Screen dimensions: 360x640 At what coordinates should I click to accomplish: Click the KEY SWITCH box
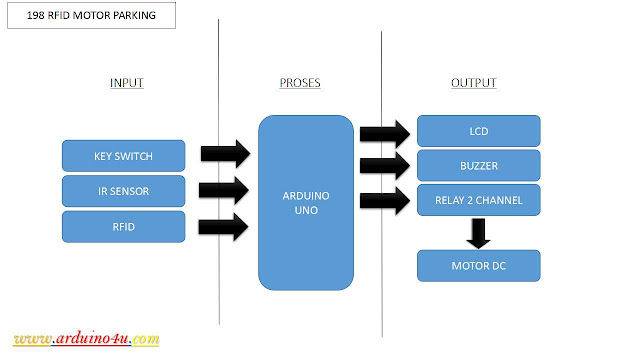click(123, 155)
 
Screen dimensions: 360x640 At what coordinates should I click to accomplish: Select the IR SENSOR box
click(123, 190)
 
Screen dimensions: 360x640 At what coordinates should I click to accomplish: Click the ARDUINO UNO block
click(306, 202)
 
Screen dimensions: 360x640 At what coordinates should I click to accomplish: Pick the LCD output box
click(478, 131)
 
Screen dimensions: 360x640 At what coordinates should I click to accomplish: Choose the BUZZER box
click(478, 165)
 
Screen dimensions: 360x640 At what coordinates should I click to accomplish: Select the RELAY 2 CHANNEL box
click(478, 200)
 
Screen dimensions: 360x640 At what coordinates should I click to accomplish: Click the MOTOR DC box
click(478, 266)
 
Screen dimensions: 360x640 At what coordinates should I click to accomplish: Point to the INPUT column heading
click(126, 83)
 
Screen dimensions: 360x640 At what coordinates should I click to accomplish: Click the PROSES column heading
click(300, 83)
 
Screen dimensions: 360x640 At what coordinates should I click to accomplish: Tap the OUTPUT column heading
click(473, 83)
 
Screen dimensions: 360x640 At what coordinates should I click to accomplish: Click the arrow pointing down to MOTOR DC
click(479, 233)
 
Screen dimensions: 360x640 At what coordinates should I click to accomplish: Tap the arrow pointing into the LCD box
click(384, 133)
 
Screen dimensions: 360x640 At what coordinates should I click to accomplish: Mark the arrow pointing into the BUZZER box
click(384, 166)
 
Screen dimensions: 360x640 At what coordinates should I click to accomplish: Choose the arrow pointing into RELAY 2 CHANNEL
click(384, 201)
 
